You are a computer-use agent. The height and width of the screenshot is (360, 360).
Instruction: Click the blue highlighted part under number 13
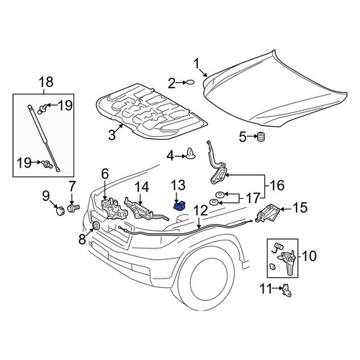click(179, 206)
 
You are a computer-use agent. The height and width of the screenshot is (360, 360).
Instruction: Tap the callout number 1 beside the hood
click(197, 64)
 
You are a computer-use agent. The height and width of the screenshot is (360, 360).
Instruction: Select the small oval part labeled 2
click(190, 82)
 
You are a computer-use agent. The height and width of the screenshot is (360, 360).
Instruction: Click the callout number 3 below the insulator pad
click(112, 135)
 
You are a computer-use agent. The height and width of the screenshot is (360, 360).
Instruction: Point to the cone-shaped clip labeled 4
click(191, 153)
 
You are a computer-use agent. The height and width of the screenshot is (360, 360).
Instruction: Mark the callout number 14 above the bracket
click(142, 187)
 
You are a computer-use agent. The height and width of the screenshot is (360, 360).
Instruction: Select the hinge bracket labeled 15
click(268, 213)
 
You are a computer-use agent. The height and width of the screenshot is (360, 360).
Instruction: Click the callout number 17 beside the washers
click(253, 198)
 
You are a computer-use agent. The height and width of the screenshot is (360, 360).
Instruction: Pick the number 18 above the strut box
click(46, 82)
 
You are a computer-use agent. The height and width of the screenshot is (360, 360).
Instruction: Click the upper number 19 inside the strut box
click(66, 105)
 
